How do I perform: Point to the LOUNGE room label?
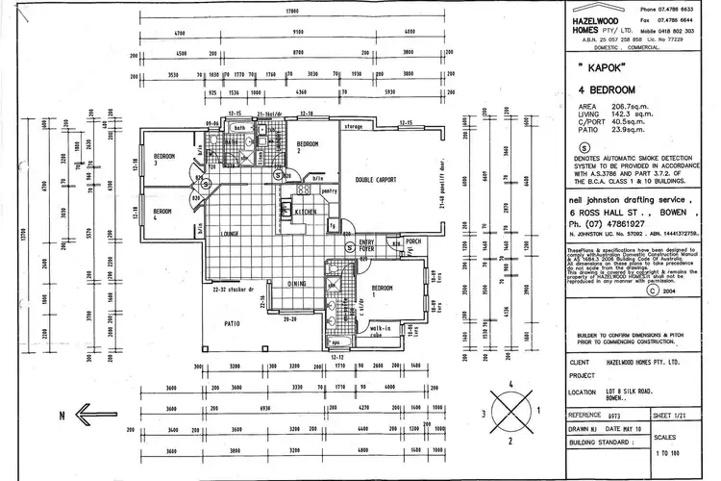pos(230,234)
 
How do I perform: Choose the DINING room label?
pos(297,284)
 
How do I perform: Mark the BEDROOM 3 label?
pos(164,159)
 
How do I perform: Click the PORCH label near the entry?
pos(413,241)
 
